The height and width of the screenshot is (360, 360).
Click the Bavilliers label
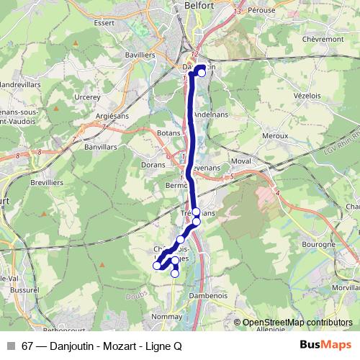[x=140, y=54]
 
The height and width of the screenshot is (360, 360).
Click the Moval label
[x=241, y=162]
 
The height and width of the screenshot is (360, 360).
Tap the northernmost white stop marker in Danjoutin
[x=202, y=72]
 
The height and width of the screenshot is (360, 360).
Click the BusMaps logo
[x=320, y=345]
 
